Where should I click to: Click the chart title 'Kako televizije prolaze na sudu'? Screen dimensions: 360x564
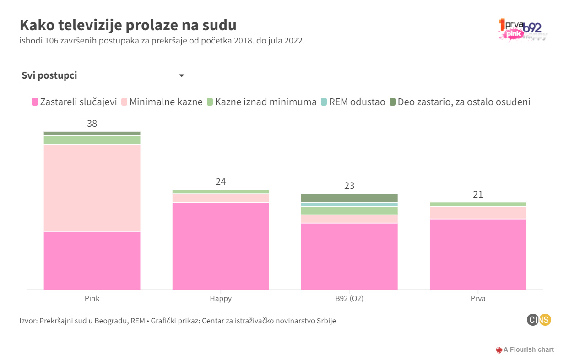128,25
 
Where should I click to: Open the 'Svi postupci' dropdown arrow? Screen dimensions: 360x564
181,75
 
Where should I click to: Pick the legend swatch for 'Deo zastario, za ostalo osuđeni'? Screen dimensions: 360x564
393,102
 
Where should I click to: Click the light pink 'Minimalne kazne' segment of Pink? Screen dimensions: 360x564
92,188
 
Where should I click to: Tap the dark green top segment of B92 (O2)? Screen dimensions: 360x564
349,198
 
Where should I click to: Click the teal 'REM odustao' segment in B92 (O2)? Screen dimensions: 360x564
349,204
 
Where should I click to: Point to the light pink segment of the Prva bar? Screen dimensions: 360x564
478,213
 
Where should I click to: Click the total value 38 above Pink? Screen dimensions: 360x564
92,124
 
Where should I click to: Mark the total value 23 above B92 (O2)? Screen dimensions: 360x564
349,186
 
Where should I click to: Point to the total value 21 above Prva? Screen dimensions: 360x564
478,194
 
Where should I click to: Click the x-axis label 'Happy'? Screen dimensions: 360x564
221,299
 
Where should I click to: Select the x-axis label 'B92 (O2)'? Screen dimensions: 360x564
349,299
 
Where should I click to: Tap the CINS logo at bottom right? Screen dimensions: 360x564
538,320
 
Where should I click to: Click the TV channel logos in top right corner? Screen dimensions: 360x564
522,30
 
